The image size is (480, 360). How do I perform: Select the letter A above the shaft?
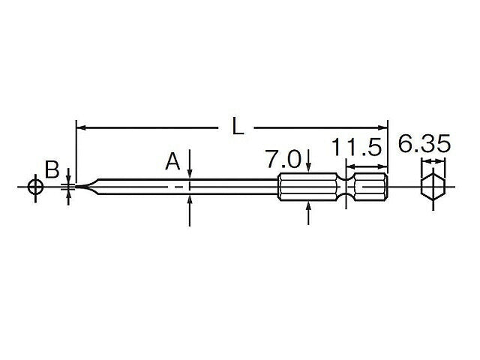173,161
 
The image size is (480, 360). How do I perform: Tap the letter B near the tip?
52,169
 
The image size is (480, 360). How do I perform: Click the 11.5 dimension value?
358,146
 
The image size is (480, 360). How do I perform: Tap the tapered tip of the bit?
84,186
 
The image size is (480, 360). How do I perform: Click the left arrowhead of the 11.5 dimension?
350,168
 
